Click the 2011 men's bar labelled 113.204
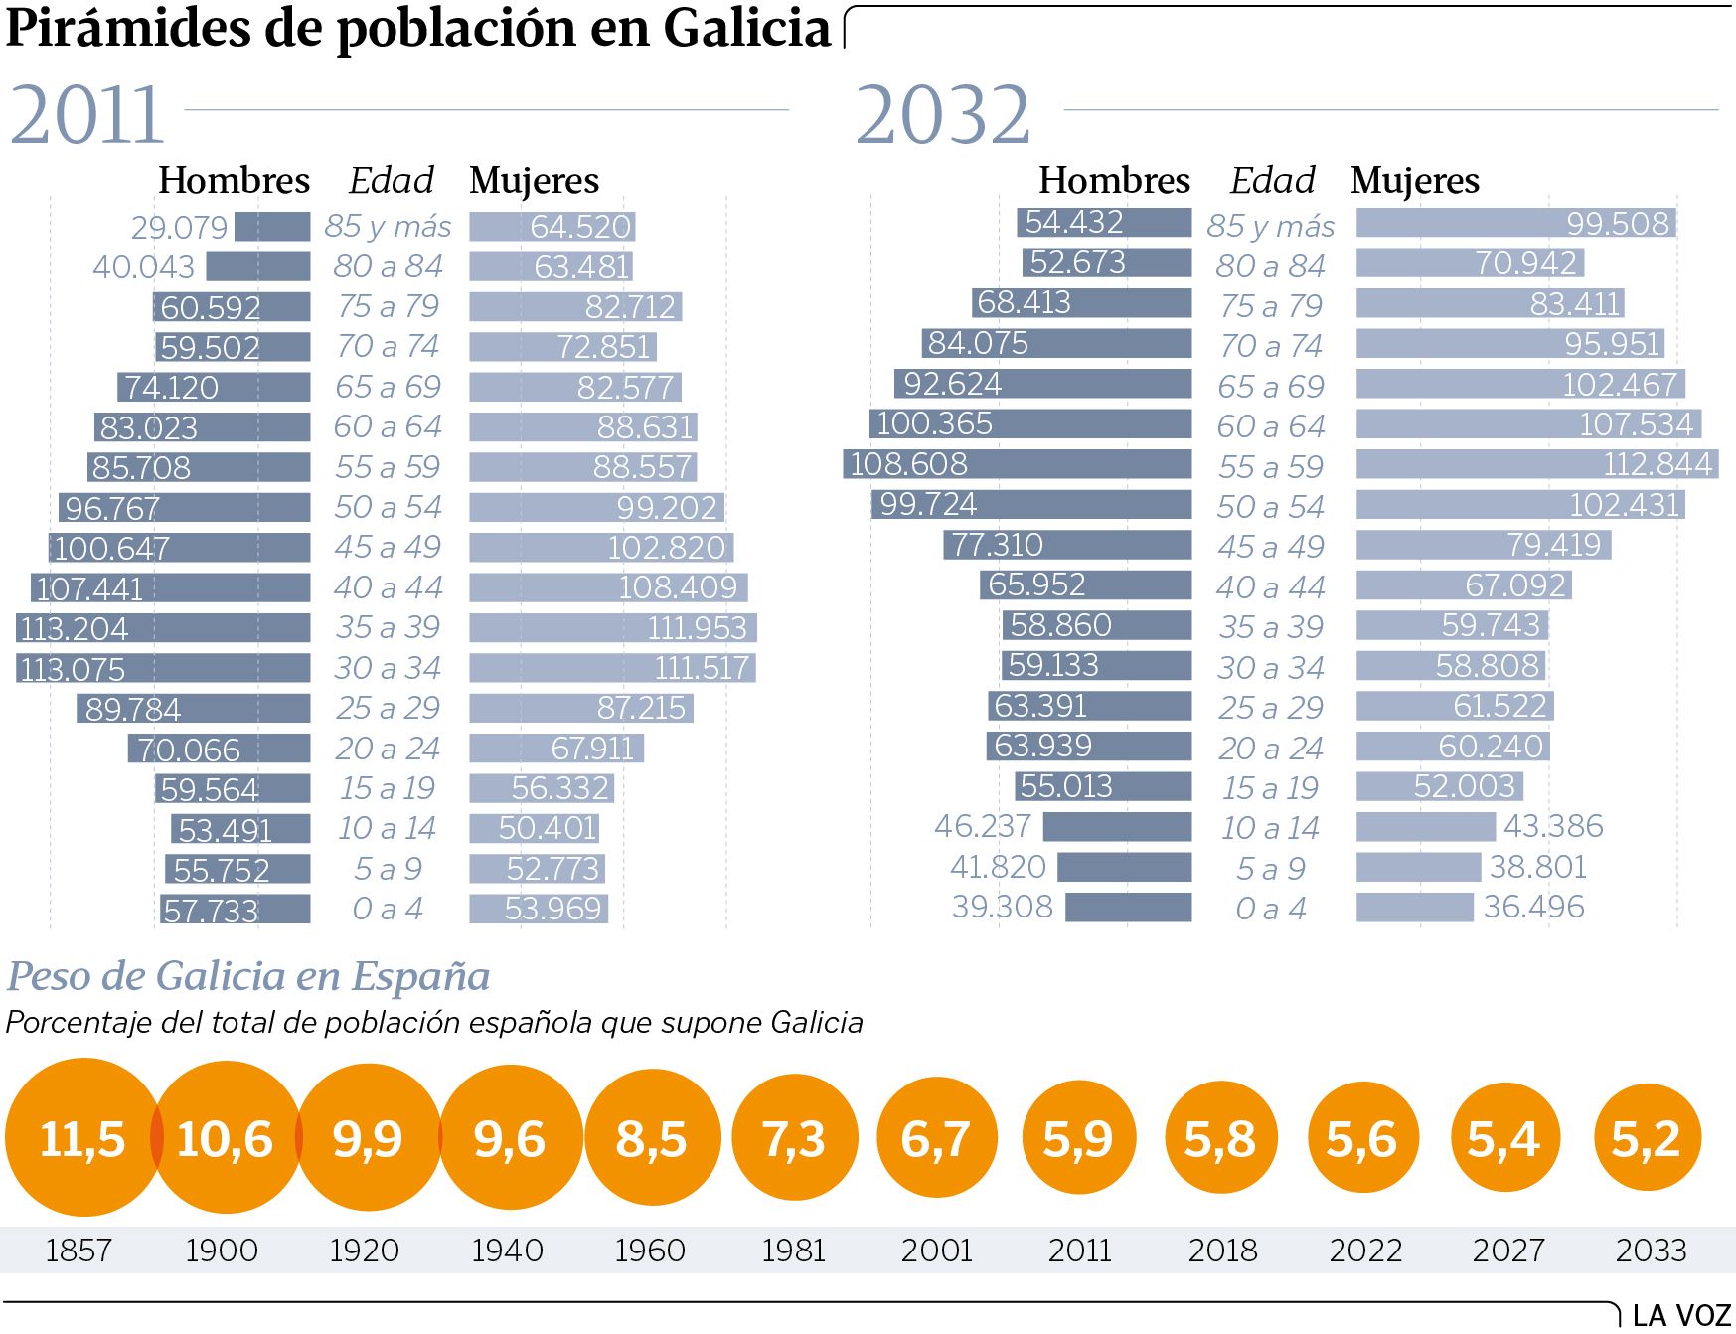point(163,628)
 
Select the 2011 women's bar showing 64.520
point(552,227)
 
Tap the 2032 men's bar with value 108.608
point(1018,464)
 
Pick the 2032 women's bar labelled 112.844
point(1536,464)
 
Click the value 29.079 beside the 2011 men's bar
point(180,227)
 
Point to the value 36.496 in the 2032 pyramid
point(1533,907)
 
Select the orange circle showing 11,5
point(82,1137)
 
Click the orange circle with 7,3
point(794,1138)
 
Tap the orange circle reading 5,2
point(1647,1138)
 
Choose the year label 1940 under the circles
point(508,1250)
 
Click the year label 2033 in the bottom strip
point(1651,1250)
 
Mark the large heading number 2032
point(943,115)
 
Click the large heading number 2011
point(86,115)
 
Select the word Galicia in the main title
point(747,28)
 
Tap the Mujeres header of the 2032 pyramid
point(1415,180)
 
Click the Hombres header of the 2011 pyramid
point(235,180)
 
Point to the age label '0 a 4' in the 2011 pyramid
point(388,909)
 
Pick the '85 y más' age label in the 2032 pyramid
point(1270,227)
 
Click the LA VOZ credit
point(1682,1315)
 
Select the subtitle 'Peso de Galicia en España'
point(248,976)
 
